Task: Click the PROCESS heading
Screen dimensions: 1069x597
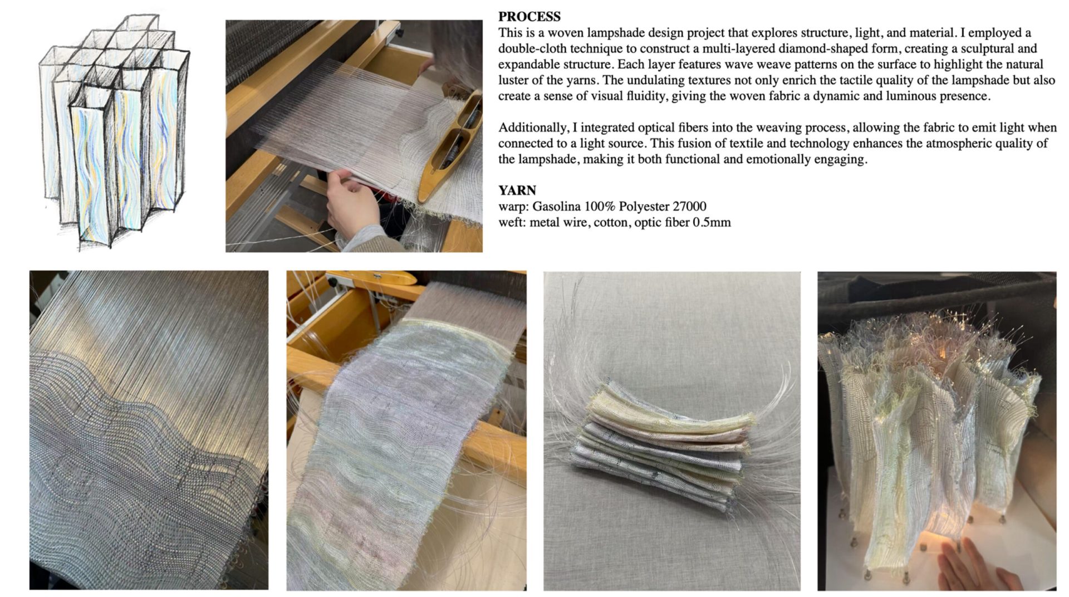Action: [529, 17]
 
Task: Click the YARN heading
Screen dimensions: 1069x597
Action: [517, 190]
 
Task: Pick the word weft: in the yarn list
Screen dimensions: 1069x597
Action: [512, 223]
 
